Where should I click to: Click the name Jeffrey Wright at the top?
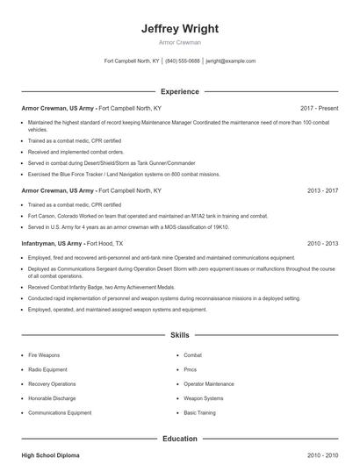(180, 28)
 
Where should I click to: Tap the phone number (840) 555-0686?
(183, 61)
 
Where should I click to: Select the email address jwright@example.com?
(230, 61)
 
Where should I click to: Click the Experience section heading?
(180, 90)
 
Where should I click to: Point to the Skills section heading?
(180, 335)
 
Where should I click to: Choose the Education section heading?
(180, 438)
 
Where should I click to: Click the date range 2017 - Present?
(319, 107)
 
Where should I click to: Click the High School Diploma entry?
(51, 455)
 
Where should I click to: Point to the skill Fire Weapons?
(44, 354)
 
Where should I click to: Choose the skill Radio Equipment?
(47, 369)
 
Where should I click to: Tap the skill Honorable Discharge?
(51, 397)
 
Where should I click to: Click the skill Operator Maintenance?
(208, 383)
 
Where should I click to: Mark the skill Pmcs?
(191, 369)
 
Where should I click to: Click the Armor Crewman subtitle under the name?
(180, 42)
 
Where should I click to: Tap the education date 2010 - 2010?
(322, 455)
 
